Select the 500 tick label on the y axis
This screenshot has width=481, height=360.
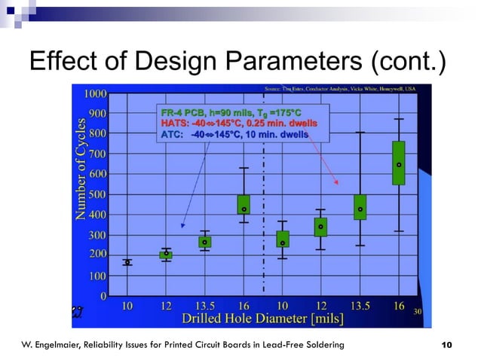[96, 194]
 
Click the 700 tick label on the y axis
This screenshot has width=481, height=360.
[96, 154]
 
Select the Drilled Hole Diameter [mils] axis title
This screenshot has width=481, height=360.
[262, 319]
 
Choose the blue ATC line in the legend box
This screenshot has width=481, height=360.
[234, 135]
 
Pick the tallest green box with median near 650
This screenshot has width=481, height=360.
[399, 163]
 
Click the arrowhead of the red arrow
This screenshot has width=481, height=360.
[338, 183]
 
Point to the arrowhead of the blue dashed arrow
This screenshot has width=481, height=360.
[182, 226]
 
